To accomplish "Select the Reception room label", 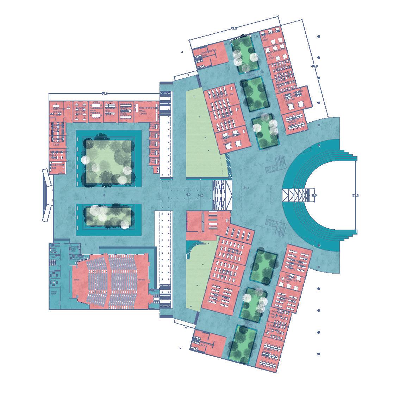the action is [57, 166].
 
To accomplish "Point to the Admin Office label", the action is [81, 110].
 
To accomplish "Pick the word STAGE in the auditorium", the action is [76, 280].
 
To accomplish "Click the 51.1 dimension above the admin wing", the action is [105, 94].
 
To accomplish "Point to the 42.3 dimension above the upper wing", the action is [233, 28].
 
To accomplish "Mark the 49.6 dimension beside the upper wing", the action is [314, 66].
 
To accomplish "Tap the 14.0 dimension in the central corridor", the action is [201, 195].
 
